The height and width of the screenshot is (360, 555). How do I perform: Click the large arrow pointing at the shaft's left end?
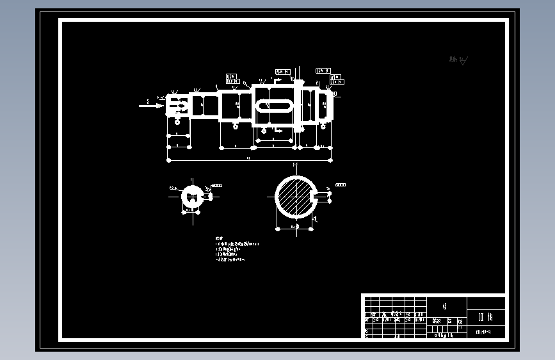point(152,106)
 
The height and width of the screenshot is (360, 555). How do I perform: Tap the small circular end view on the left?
point(191,197)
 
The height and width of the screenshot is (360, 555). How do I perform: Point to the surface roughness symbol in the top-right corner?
point(459,60)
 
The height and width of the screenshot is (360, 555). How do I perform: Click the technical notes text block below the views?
point(236,250)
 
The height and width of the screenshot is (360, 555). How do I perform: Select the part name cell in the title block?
point(486,316)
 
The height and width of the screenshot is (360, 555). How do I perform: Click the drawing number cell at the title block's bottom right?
point(486,332)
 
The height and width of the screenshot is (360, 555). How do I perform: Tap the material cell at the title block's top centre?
point(446,304)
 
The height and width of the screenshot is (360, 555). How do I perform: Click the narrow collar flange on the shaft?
point(299,104)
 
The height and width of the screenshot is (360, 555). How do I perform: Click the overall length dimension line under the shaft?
point(250,160)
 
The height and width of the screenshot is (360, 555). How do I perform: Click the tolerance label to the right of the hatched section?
point(339,184)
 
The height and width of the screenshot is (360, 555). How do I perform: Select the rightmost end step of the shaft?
point(328,105)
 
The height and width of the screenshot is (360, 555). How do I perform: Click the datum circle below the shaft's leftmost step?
point(177,120)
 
